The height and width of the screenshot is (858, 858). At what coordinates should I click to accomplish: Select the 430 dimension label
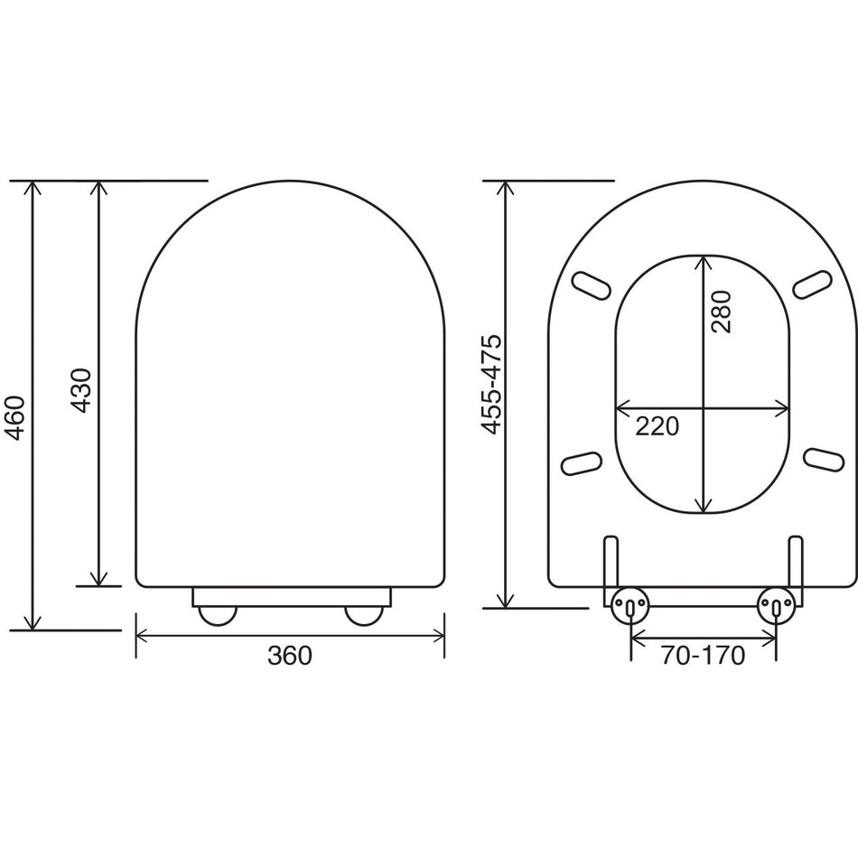[x=81, y=390]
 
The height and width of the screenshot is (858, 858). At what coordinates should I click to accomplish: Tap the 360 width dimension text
[x=289, y=656]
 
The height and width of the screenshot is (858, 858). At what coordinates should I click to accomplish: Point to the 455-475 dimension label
[x=491, y=383]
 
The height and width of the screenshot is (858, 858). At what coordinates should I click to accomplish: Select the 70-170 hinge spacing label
[x=703, y=656]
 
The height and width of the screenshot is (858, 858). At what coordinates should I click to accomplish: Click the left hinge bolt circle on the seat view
[x=630, y=604]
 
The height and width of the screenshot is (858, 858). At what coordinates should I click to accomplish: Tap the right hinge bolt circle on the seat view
[x=776, y=604]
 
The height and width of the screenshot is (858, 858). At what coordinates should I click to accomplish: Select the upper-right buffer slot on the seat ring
[x=813, y=284]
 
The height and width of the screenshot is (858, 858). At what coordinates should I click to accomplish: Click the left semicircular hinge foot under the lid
[x=217, y=614]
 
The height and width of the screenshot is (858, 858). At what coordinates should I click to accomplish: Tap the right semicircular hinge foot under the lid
[x=365, y=614]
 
